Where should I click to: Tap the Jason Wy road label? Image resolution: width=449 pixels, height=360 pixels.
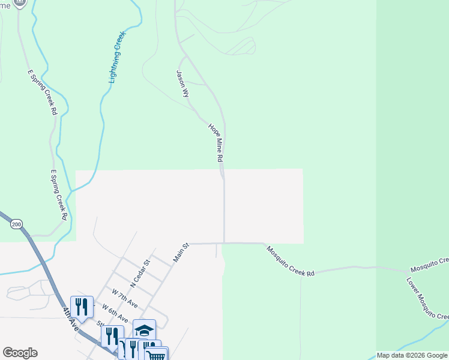coord(182,84)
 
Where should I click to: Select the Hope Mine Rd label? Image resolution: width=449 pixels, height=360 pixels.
coord(216,143)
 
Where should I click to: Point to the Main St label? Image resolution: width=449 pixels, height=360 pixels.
coord(181,253)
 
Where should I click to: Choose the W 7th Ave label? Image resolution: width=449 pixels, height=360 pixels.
coord(125,298)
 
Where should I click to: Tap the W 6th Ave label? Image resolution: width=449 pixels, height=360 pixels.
coord(115,312)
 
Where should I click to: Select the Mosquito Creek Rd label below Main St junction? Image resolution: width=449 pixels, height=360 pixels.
coord(291,261)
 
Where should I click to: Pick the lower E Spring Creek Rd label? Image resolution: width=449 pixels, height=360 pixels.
coord(58,194)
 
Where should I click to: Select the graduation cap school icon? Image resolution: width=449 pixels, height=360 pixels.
coord(144,329)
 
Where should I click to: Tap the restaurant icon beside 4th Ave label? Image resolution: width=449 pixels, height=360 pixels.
coord(82,307)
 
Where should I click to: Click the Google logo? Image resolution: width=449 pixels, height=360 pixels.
coord(20,353)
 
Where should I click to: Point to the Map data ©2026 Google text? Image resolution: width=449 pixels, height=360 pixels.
coord(412,355)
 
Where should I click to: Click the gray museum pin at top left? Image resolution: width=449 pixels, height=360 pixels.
coord(20,2)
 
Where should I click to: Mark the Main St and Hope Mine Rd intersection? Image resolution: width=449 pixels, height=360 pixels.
coord(224,243)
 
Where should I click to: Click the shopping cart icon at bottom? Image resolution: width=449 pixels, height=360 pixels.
coord(156,356)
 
